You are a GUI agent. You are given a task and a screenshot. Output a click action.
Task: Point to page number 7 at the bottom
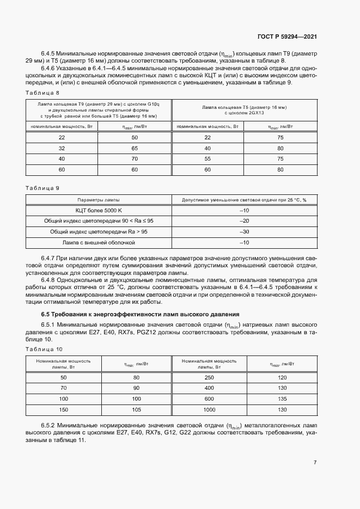pyautogui.click(x=315, y=463)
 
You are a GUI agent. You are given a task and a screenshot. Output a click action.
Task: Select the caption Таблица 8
pyautogui.click(x=42, y=93)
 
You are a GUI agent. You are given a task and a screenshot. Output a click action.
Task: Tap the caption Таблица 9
pyautogui.click(x=42, y=188)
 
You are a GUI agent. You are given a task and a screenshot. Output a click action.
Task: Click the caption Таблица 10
pyautogui.click(x=44, y=349)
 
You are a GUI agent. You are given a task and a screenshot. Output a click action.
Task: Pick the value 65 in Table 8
pyautogui.click(x=135, y=148)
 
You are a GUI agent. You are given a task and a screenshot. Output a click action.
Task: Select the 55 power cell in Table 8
pyautogui.click(x=207, y=159)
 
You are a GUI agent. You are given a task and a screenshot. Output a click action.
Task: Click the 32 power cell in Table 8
pyautogui.click(x=62, y=148)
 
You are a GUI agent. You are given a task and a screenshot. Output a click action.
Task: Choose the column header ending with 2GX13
pyautogui.click(x=244, y=109)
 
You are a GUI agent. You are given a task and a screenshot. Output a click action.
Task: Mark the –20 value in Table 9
pyautogui.click(x=244, y=221)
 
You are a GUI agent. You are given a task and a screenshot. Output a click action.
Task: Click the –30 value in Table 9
pyautogui.click(x=244, y=232)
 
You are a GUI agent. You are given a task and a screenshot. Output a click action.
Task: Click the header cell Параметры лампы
pyautogui.click(x=99, y=200)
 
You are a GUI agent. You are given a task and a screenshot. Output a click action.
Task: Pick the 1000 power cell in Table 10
pyautogui.click(x=209, y=409)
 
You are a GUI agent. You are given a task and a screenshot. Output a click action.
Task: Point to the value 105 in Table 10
pyautogui.click(x=137, y=409)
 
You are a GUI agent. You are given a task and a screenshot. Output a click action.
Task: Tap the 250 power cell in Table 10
pyautogui.click(x=209, y=377)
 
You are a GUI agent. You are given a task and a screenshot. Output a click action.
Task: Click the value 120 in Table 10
pyautogui.click(x=282, y=377)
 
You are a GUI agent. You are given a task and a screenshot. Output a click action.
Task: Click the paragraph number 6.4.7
pyautogui.click(x=50, y=257)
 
